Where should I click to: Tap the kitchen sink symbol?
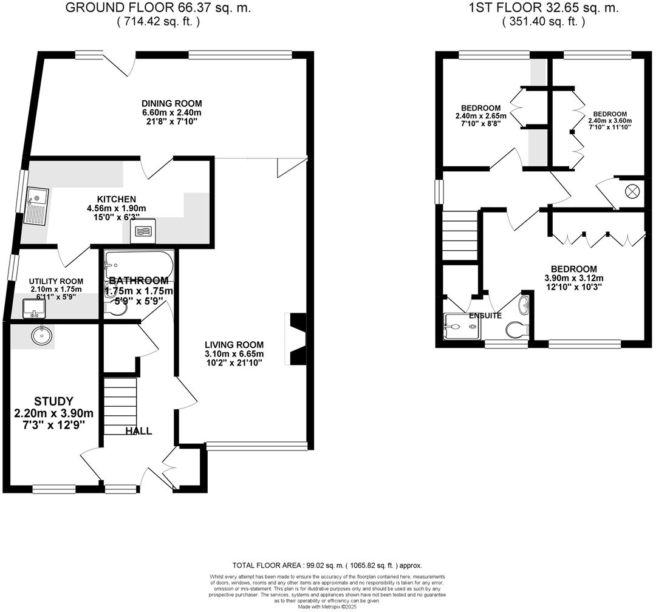36,206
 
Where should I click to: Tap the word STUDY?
54,401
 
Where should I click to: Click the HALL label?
138,431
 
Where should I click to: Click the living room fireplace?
298,339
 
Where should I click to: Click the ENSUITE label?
485,316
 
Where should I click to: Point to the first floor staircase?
459,233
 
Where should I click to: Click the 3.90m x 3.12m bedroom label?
573,278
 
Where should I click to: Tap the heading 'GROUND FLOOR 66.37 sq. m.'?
157,8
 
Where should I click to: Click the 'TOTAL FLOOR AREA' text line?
327,565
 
